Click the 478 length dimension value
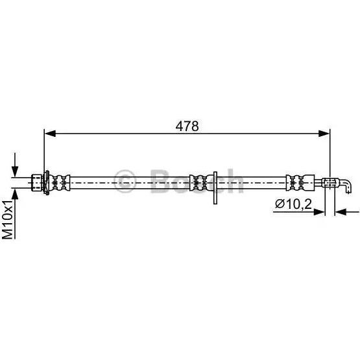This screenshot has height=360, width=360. tap(187, 126)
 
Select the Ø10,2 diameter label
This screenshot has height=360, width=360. tap(293, 204)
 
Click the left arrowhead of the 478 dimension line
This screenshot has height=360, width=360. tap(50, 133)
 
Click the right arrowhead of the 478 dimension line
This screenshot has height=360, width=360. tap(324, 133)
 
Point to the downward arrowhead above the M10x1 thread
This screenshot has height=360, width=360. tap(15, 171)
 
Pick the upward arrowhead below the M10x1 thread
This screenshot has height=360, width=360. tap(15, 194)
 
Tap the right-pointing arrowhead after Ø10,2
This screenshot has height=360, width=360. tap(319, 212)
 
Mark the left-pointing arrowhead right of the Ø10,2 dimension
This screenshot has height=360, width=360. tap(341, 212)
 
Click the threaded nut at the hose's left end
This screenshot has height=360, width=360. tap(36, 182)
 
